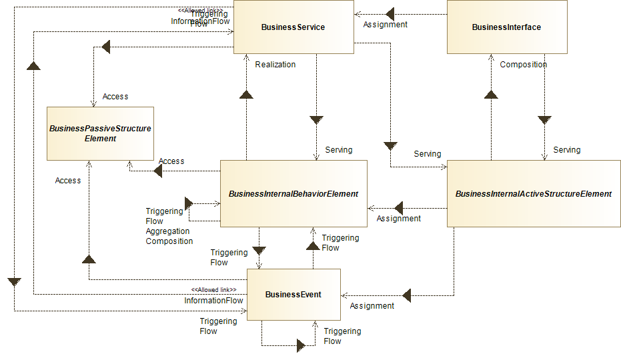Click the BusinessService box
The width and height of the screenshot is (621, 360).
pos(293,27)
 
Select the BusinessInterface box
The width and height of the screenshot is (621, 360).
pos(506,27)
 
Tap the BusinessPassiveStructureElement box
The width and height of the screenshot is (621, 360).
pos(100,133)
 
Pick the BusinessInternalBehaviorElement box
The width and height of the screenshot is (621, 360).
pos(293,194)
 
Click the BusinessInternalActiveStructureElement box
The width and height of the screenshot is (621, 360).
pos(533,194)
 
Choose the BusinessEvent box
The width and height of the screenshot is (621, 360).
pos(293,295)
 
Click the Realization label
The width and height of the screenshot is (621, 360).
pos(275,65)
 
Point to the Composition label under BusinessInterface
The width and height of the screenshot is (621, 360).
pos(523,65)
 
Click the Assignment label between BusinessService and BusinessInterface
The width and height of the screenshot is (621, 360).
pos(385,25)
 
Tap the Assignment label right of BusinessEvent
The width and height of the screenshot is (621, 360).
pos(372,306)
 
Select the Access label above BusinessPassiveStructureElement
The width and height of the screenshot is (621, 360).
pos(115,97)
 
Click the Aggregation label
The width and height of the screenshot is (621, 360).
pos(167,231)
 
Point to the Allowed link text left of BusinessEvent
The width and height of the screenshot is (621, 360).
pos(213,289)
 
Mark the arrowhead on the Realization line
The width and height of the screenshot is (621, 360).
pos(247,95)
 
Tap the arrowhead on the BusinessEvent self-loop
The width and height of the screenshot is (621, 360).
pos(301,345)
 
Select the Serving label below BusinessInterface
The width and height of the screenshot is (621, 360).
pos(566,150)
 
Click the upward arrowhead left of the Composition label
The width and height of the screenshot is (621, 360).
pos(491,95)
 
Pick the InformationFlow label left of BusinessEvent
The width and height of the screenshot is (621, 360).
pos(213,301)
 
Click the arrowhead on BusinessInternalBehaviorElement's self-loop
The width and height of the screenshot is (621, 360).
pos(189,203)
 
